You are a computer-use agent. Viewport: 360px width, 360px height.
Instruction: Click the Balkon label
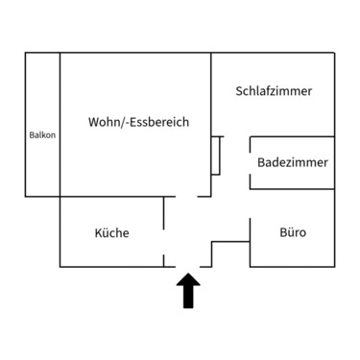coord(42,135)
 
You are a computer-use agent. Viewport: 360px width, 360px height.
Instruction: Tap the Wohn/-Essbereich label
coord(138,123)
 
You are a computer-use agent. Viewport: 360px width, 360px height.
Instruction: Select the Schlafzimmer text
coord(274,91)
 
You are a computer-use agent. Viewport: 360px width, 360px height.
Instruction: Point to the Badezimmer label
coord(293,162)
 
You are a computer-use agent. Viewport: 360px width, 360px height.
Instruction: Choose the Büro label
coord(293,232)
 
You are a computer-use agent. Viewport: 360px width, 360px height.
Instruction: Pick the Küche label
coord(111,232)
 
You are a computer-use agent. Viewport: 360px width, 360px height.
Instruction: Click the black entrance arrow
coord(187,292)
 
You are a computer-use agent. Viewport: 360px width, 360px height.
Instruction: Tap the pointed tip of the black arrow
coord(187,276)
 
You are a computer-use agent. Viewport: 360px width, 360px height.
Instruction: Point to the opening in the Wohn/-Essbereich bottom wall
coord(187,196)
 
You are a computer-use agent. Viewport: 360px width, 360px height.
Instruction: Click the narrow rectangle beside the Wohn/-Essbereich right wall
coord(217,156)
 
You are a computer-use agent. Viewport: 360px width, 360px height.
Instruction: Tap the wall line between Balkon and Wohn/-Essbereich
coord(60,125)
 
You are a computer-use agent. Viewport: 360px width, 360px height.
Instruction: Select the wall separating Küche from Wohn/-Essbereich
coord(110,196)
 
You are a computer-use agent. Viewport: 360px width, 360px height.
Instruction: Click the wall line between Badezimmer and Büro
coord(292,196)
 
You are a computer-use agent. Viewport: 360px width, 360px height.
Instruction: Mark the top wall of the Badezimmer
coord(292,136)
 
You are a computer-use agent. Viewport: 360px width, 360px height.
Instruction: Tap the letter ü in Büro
coord(290,232)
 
